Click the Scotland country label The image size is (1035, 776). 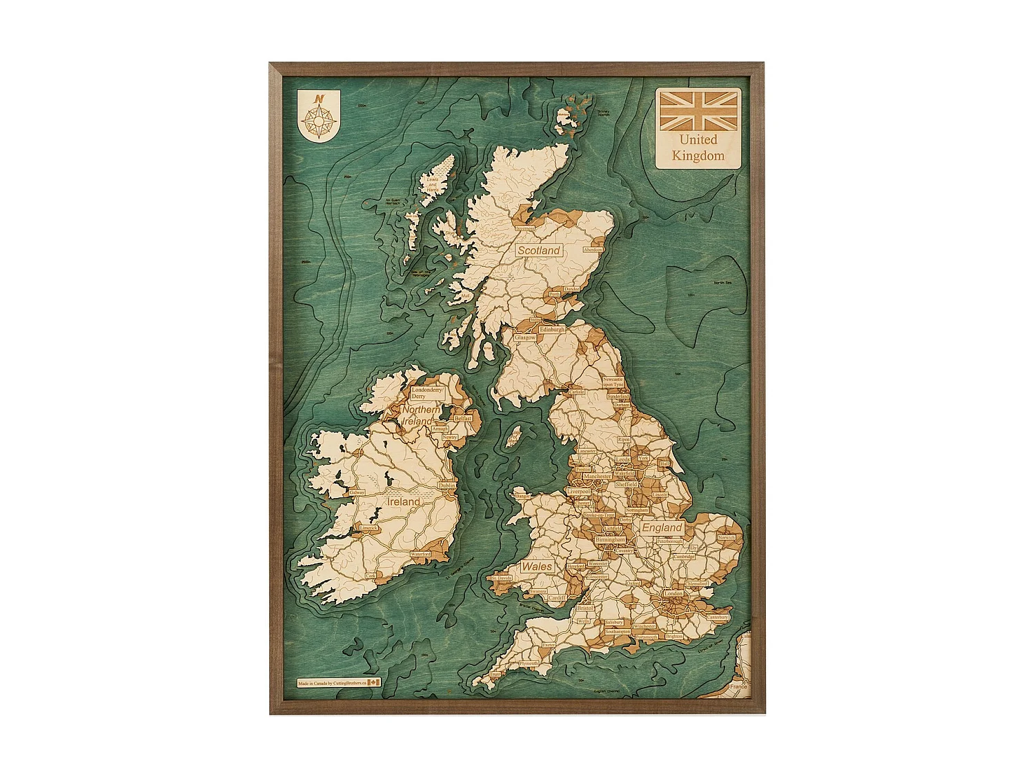coord(539,250)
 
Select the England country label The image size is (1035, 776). coord(662,528)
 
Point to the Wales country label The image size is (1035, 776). coord(536,566)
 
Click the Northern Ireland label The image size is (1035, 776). coord(420,415)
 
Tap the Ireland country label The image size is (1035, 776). coord(403,502)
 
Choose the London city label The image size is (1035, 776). coord(673,593)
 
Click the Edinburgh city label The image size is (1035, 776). coord(552,330)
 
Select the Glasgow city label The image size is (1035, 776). coord(525,338)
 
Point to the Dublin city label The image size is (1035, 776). coord(446,486)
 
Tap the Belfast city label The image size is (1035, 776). coord(463,419)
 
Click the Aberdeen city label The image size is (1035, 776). coord(593,250)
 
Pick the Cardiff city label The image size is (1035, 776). coord(557,598)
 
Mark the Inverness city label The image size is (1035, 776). coord(524,228)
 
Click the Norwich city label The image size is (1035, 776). coord(726,537)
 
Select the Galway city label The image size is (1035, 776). coord(357,493)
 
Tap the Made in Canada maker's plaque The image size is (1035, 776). coord(339,683)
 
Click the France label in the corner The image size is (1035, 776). coord(738,686)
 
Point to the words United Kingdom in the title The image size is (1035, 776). coord(698,148)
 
